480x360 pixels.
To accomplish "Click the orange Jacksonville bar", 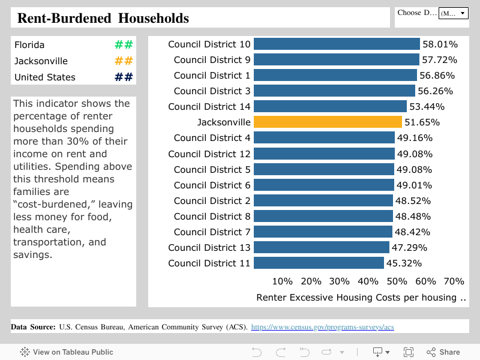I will pyautogui.click(x=328, y=122).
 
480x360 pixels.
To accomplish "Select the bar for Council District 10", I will pyautogui.click(x=337, y=44).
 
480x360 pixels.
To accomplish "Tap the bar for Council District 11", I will pyautogui.click(x=319, y=263).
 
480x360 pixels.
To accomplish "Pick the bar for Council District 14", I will pyautogui.click(x=330, y=107).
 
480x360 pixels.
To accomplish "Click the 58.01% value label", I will pyautogui.click(x=440, y=44).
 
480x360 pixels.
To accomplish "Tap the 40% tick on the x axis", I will pyautogui.click(x=368, y=281).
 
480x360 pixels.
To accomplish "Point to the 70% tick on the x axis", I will pyautogui.click(x=454, y=281).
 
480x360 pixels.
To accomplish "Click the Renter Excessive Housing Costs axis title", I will pyautogui.click(x=361, y=298).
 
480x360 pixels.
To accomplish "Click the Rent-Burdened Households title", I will pyautogui.click(x=103, y=19).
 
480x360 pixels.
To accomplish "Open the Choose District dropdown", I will pyautogui.click(x=453, y=13).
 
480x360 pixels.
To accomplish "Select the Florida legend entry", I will pyautogui.click(x=29, y=45).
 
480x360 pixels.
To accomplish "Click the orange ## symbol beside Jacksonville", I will pyautogui.click(x=124, y=61).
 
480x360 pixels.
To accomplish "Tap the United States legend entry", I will pyautogui.click(x=45, y=77).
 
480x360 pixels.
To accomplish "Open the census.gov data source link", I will pyautogui.click(x=322, y=327).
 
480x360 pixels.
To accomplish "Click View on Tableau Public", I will pyautogui.click(x=67, y=352).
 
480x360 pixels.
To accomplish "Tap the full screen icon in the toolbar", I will pyautogui.click(x=409, y=352).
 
